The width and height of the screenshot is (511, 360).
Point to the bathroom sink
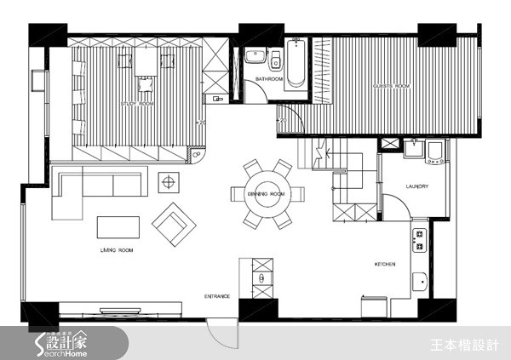[254, 57]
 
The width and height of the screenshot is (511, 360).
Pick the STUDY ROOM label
[138, 104]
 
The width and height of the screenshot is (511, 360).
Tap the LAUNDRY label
[416, 186]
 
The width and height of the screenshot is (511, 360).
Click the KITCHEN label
[385, 265]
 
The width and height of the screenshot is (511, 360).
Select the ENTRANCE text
[217, 296]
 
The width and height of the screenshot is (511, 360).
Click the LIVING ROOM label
[116, 251]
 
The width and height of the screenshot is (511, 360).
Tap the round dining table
[265, 194]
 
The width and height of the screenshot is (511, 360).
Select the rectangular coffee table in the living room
[119, 227]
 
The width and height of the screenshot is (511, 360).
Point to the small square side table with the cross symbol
[168, 181]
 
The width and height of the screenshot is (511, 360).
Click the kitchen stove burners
[420, 240]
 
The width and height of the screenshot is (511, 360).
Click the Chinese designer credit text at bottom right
[471, 344]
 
